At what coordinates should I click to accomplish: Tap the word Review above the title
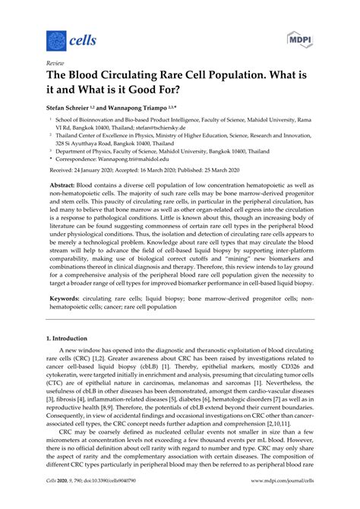point(56,66)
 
